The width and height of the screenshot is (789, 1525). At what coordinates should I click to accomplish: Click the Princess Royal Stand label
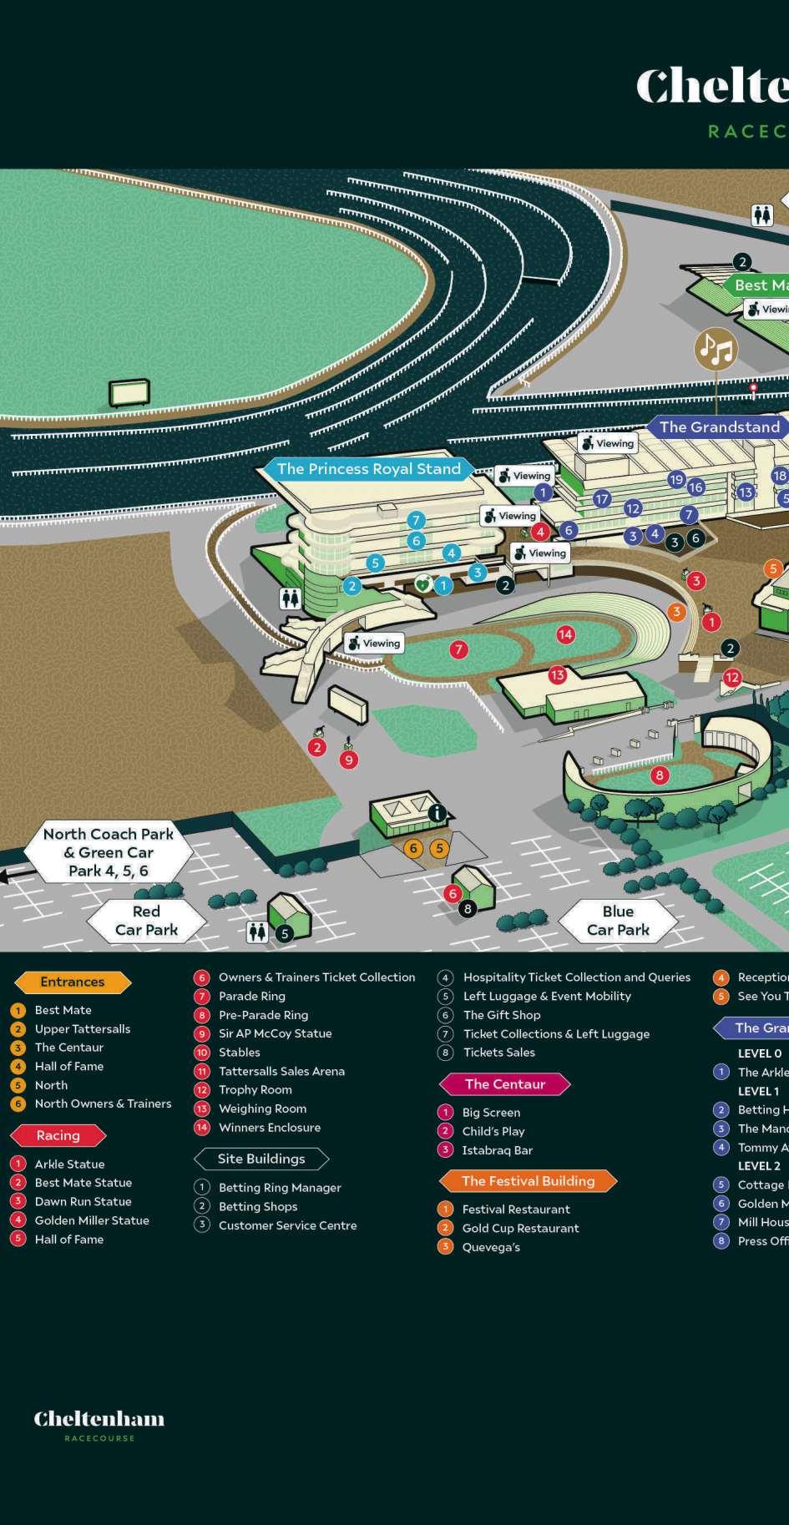click(368, 469)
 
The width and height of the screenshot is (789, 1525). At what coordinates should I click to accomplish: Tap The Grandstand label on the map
click(719, 427)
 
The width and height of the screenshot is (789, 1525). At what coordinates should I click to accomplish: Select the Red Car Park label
click(146, 921)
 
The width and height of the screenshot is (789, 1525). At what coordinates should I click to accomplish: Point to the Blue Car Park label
click(618, 921)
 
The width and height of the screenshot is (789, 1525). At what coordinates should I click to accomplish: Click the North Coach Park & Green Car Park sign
click(109, 852)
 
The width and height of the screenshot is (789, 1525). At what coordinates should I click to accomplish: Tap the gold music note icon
click(716, 349)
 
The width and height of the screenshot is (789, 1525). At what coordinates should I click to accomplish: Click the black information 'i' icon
click(436, 812)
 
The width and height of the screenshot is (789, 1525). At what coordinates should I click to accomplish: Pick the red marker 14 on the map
click(565, 634)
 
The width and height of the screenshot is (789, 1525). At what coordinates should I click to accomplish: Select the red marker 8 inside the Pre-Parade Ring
click(660, 775)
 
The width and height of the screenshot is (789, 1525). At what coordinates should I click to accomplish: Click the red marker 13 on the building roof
click(557, 674)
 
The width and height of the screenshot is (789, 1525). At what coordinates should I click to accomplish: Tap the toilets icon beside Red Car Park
click(256, 932)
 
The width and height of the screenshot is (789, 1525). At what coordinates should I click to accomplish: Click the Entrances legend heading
click(73, 982)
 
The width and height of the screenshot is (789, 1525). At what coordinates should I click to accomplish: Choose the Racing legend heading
click(58, 1135)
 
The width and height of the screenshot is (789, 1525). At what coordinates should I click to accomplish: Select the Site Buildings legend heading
click(261, 1159)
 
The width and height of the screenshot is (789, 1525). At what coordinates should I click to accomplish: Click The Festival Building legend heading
click(528, 1181)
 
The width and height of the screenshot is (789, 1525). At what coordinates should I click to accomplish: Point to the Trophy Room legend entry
click(255, 1090)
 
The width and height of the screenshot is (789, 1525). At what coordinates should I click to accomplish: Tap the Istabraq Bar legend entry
click(497, 1150)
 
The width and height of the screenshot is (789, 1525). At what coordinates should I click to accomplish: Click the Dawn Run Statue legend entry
click(83, 1202)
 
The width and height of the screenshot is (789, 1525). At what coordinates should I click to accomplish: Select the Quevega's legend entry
click(491, 1247)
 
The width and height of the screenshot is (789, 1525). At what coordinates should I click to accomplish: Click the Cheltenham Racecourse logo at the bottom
click(99, 1424)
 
